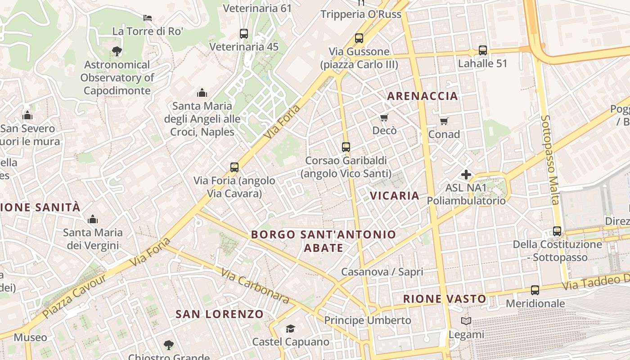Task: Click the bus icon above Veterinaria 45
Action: (244, 34)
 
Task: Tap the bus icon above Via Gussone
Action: (359, 38)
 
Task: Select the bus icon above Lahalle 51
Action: (483, 50)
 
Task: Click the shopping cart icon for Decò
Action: (384, 118)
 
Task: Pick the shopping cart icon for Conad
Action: (444, 121)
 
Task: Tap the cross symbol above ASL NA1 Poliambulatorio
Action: (466, 174)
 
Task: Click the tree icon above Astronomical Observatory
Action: (117, 51)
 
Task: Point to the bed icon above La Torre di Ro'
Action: (147, 18)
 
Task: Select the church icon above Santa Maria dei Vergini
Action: (93, 219)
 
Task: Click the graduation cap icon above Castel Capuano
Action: (290, 329)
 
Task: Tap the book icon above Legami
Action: (466, 321)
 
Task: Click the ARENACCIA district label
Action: (422, 96)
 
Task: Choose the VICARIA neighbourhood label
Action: (395, 196)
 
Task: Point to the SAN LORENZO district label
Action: (219, 314)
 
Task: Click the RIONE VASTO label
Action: (444, 299)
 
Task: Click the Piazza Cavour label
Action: (75, 296)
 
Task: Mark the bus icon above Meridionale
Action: (535, 290)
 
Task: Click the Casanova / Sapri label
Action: (382, 272)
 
